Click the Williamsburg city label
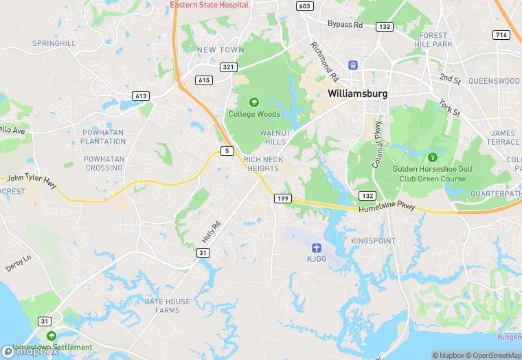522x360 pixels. (x=357, y=93)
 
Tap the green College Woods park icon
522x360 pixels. (x=253, y=102)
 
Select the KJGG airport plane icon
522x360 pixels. (x=316, y=247)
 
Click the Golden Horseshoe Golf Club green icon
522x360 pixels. (x=432, y=157)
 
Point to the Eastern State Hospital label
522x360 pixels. (x=209, y=5)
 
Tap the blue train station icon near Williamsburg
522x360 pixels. (x=353, y=65)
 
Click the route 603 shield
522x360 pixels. (x=304, y=5)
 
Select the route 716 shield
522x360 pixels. (x=502, y=34)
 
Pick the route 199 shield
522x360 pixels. (x=282, y=198)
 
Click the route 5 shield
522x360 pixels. (x=226, y=150)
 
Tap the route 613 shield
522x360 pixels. (x=141, y=96)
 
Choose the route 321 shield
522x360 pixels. (x=229, y=67)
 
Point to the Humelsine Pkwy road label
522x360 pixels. (x=387, y=207)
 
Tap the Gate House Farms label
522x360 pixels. (x=162, y=306)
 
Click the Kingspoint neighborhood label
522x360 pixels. (x=373, y=241)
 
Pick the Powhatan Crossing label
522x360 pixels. (x=104, y=164)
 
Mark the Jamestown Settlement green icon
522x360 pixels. (x=50, y=336)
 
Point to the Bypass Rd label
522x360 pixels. (x=344, y=25)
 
